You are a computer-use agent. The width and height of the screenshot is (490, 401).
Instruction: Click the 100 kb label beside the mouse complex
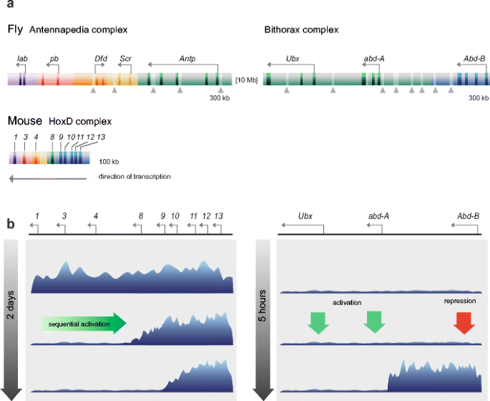[x=109, y=162]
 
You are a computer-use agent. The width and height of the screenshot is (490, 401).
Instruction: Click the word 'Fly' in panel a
[x=15, y=30]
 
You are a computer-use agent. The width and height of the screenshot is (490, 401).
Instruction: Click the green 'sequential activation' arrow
[x=82, y=324]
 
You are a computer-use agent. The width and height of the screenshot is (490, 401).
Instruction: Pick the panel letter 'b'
[x=11, y=224]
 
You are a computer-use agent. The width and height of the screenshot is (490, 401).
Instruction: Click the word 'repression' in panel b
[x=460, y=301]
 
